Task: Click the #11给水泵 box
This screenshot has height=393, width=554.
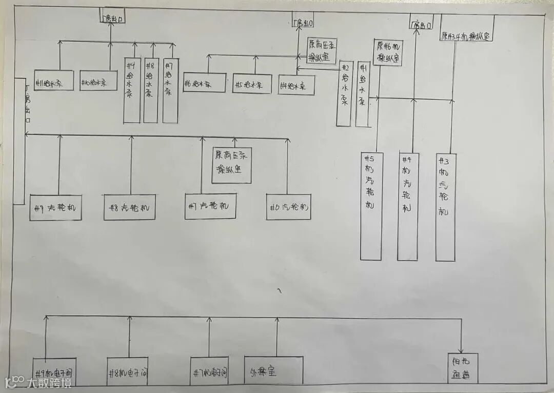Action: coord(54,81)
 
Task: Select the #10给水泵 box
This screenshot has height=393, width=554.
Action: coord(98,81)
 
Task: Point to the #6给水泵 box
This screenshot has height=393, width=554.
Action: coord(204,83)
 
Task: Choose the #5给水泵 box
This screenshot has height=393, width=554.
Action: coord(252,84)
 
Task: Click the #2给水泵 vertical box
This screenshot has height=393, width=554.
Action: coord(345,93)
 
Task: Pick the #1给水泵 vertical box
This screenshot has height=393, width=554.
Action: coord(363,94)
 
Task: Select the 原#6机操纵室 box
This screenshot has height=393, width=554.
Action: coord(388,53)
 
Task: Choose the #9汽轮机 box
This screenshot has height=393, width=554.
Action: coord(55,208)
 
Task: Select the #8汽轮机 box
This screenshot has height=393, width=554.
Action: coord(129,208)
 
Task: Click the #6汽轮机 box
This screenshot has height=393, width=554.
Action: coord(288,207)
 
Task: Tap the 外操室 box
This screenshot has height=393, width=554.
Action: coord(273,371)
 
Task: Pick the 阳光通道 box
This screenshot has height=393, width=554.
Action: coord(462,368)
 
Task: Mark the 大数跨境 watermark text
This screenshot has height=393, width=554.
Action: coord(49,383)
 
